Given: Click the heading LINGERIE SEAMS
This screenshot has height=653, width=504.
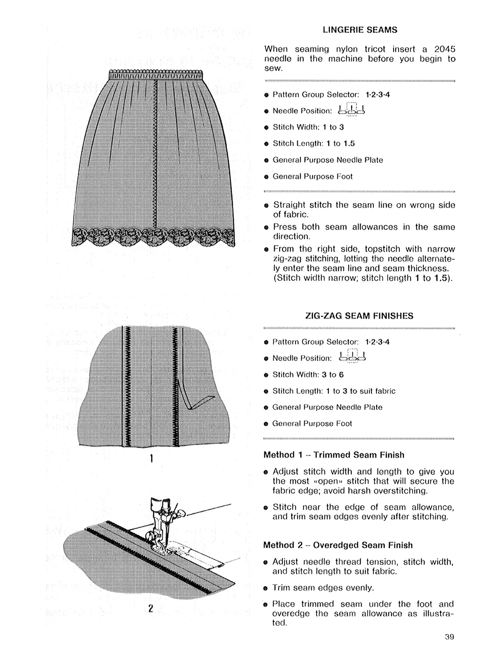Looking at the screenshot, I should tap(360, 30).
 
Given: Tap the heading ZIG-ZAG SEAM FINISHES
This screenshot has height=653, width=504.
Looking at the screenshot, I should tap(359, 316).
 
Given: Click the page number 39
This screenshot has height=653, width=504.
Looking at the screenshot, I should tap(449, 637).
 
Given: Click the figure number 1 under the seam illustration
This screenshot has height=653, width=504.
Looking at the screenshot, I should tap(152, 458).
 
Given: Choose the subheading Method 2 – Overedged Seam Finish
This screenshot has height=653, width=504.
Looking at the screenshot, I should tap(338, 545).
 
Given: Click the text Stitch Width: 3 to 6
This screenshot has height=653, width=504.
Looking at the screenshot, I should tap(308, 375).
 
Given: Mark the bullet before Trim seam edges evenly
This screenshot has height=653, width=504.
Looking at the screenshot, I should tap(266, 588).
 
